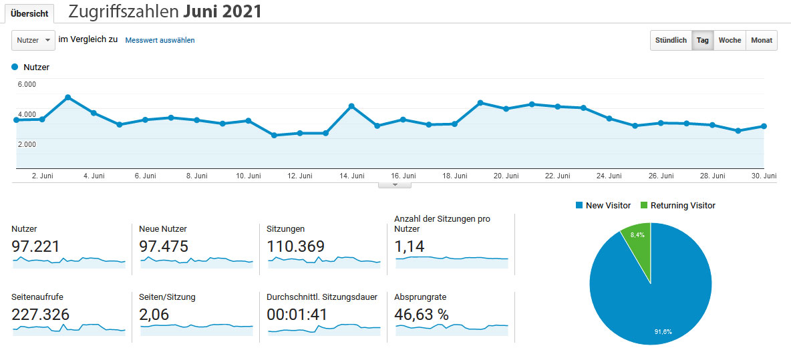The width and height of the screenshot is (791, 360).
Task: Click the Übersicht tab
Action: [x=29, y=14]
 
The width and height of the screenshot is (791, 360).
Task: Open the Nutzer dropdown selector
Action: [x=33, y=40]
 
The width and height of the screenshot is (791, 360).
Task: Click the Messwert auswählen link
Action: [x=160, y=40]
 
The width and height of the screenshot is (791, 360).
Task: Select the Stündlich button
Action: [x=671, y=40]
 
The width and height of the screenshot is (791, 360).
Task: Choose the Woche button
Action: [x=730, y=40]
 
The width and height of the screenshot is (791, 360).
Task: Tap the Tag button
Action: [x=703, y=40]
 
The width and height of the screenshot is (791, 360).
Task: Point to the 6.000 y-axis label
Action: [x=27, y=84]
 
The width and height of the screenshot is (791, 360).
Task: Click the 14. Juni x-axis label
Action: [x=352, y=176]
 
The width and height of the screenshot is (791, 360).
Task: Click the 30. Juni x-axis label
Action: [x=764, y=176]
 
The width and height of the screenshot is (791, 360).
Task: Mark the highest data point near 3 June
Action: [x=68, y=98]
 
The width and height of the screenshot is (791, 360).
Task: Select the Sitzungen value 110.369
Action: [x=295, y=246]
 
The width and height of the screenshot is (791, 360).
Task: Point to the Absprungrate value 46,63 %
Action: [x=422, y=315]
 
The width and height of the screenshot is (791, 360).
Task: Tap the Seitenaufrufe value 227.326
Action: [x=40, y=315]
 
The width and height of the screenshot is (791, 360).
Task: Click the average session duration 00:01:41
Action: [x=297, y=315]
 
